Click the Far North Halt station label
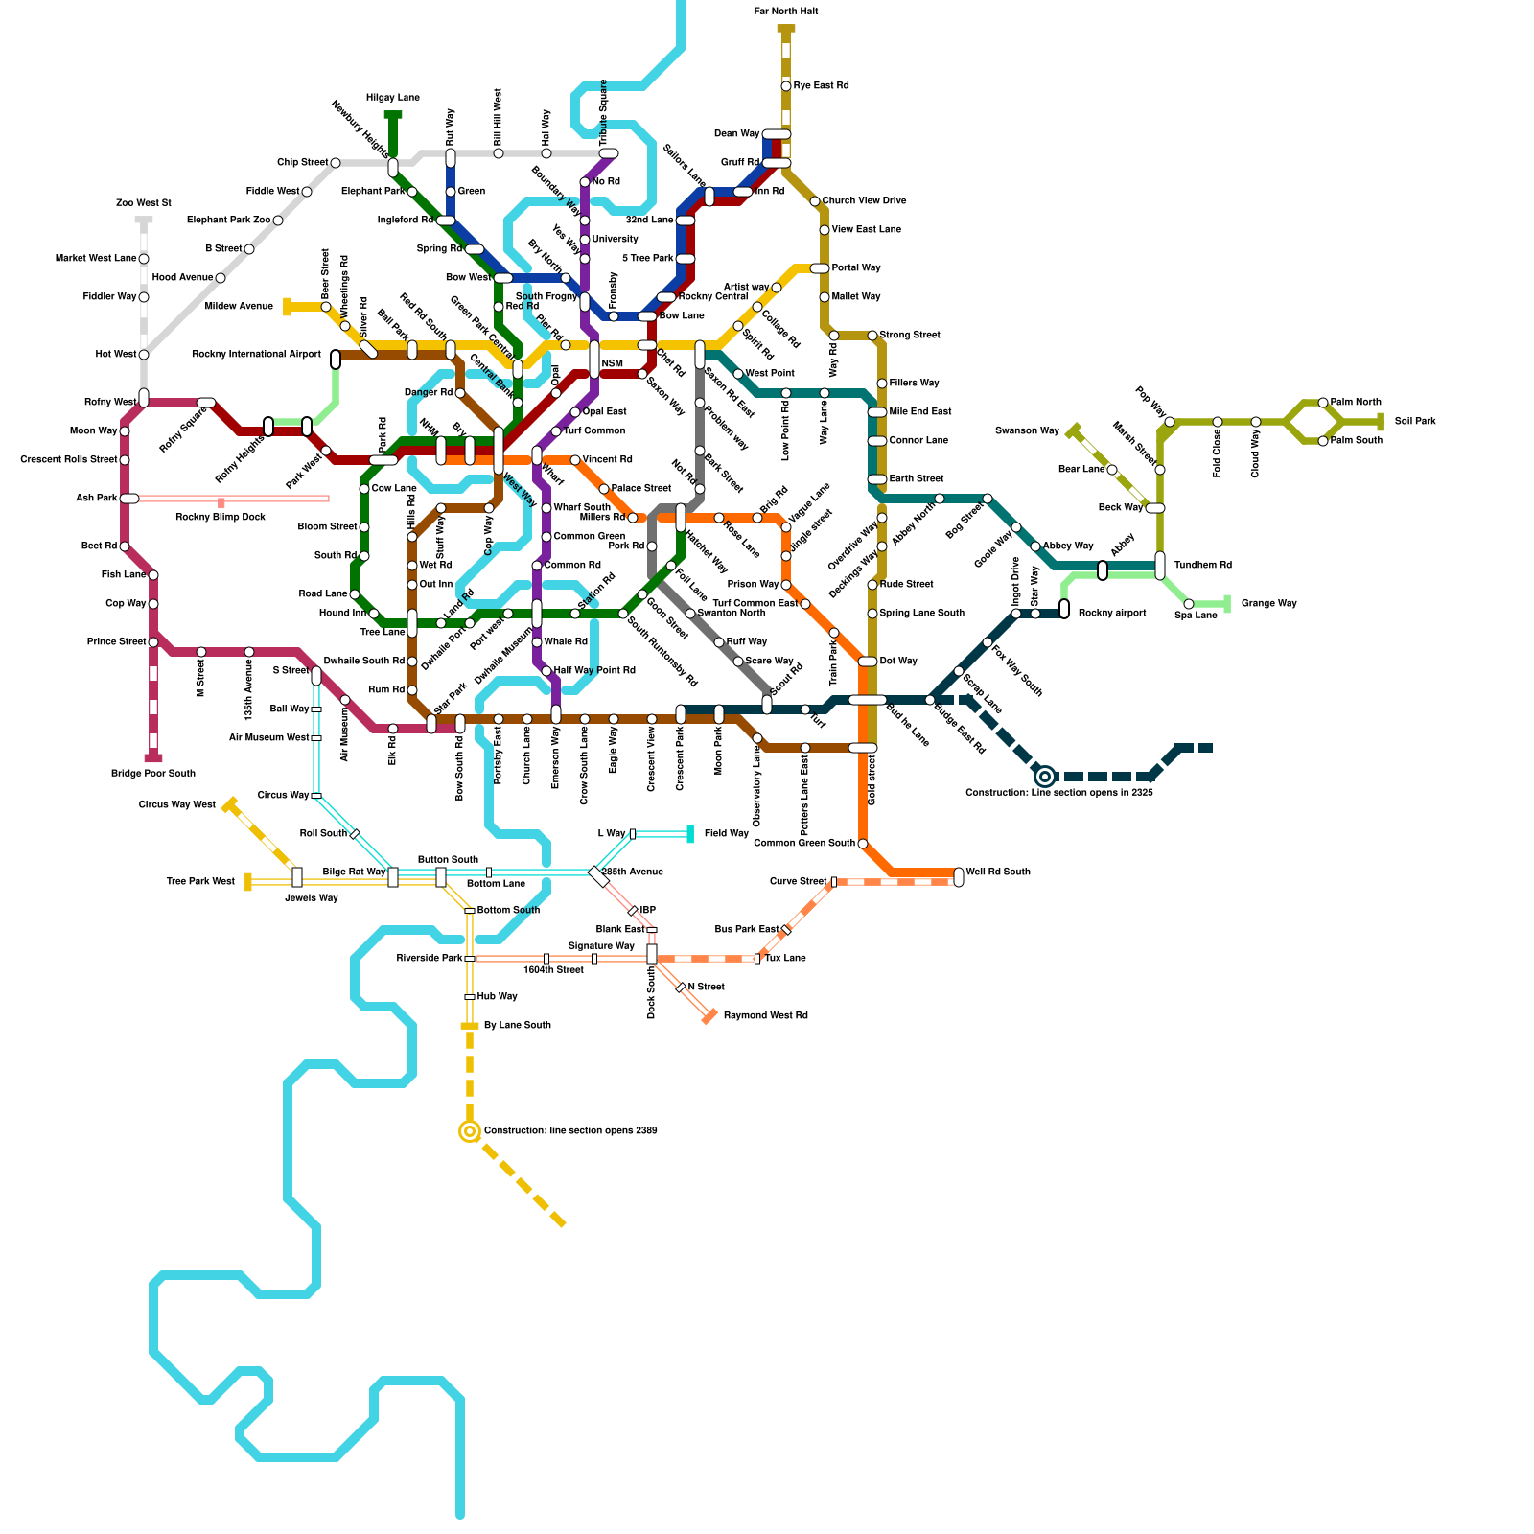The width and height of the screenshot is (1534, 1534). coord(786,12)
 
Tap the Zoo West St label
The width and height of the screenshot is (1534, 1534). coord(143,203)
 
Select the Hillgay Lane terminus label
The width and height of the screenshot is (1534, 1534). coord(393,98)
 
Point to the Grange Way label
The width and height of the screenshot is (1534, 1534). coord(1268,604)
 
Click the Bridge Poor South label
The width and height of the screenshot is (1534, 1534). coord(153,774)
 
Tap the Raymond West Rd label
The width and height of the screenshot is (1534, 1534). coord(765,1016)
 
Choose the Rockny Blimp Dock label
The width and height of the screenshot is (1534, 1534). coord(221,518)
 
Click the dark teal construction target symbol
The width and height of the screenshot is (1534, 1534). coord(1045,777)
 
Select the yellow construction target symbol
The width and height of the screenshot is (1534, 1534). coord(470,1131)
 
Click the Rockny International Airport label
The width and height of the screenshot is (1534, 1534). coord(256,355)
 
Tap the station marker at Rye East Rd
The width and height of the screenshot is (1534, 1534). coord(786,86)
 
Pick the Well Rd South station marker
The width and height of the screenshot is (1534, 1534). coord(959,876)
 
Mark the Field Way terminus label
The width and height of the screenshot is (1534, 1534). coord(726,834)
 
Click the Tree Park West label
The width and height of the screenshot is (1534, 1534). coord(200,882)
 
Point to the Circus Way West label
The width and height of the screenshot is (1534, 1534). coord(177,805)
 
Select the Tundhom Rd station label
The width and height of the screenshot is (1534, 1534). coord(1202,566)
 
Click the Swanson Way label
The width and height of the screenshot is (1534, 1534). coord(1027,431)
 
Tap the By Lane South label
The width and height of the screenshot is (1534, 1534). coord(518,1026)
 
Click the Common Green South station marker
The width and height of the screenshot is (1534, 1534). coord(863,844)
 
